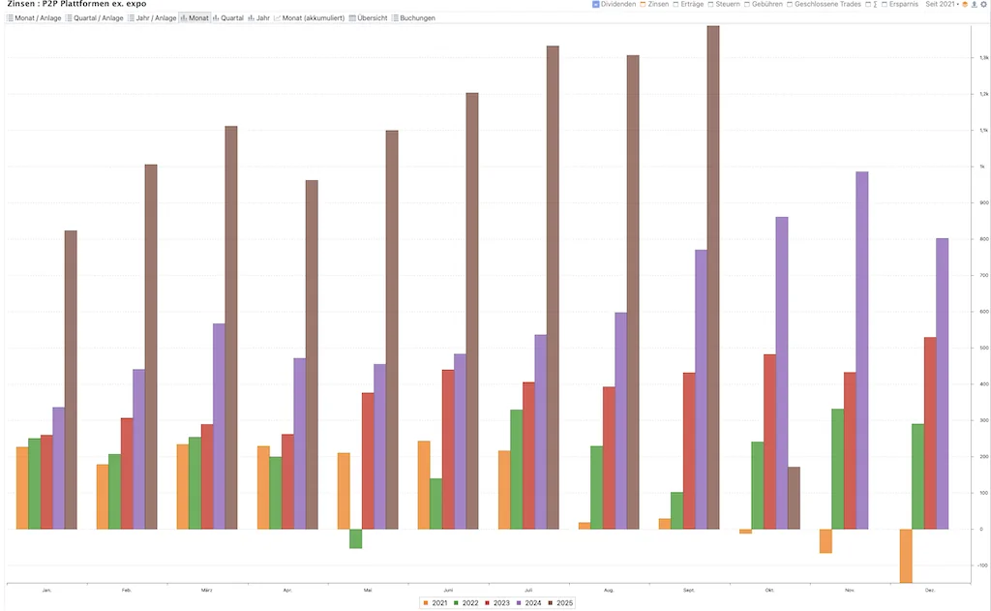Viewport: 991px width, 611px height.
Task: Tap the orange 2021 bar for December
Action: (x=905, y=556)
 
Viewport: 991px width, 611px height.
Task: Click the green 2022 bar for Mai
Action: (x=355, y=538)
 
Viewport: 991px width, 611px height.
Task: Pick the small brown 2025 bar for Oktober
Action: (x=794, y=498)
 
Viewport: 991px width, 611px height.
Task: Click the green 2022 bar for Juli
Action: (x=516, y=469)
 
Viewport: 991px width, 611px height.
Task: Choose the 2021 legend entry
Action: (x=436, y=603)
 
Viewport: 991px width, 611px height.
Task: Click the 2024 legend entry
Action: (x=528, y=603)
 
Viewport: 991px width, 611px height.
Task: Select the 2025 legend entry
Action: (x=560, y=603)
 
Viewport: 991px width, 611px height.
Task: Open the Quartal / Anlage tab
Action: (x=94, y=18)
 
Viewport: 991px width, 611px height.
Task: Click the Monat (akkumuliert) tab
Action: (x=309, y=18)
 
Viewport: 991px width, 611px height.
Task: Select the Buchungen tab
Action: (x=413, y=18)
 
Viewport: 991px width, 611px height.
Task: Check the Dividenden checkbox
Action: (x=596, y=5)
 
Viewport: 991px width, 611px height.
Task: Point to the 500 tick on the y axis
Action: (x=982, y=348)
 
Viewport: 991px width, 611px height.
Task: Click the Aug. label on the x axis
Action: (x=609, y=590)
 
